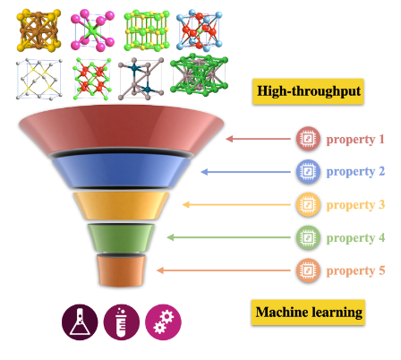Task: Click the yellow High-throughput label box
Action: tap(308, 91)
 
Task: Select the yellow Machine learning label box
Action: tap(308, 313)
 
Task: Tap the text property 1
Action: tap(355, 140)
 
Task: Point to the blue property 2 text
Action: tap(355, 172)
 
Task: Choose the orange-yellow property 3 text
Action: tap(355, 205)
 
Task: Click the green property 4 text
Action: tap(355, 238)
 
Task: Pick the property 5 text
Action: tap(355, 271)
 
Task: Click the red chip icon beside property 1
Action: tap(308, 139)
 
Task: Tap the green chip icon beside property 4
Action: tap(308, 237)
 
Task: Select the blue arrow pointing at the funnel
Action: tap(246, 172)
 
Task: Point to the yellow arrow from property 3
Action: tap(236, 204)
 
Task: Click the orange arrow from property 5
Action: tap(224, 270)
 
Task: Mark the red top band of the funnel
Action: tap(121, 129)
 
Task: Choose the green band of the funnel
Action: tap(121, 237)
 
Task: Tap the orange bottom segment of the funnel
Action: tap(121, 270)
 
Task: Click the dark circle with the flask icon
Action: tap(80, 322)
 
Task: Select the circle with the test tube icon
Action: tap(122, 322)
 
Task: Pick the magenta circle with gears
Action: tap(163, 322)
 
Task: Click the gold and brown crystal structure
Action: tap(38, 30)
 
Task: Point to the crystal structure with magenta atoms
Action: tap(92, 30)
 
